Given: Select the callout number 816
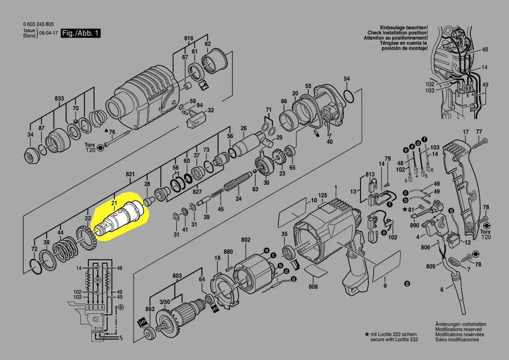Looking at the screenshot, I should pos(188,39).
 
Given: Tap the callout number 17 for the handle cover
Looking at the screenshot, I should pos(465,132).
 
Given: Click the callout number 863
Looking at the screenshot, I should pos(150,309).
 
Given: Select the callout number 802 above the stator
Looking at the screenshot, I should pos(246,240).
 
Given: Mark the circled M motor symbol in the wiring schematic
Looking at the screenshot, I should pos(98,279).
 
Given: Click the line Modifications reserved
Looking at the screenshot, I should pos(458,329).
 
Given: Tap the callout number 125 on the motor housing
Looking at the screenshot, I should pos(322,195).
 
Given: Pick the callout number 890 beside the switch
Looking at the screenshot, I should pos(414,225).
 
